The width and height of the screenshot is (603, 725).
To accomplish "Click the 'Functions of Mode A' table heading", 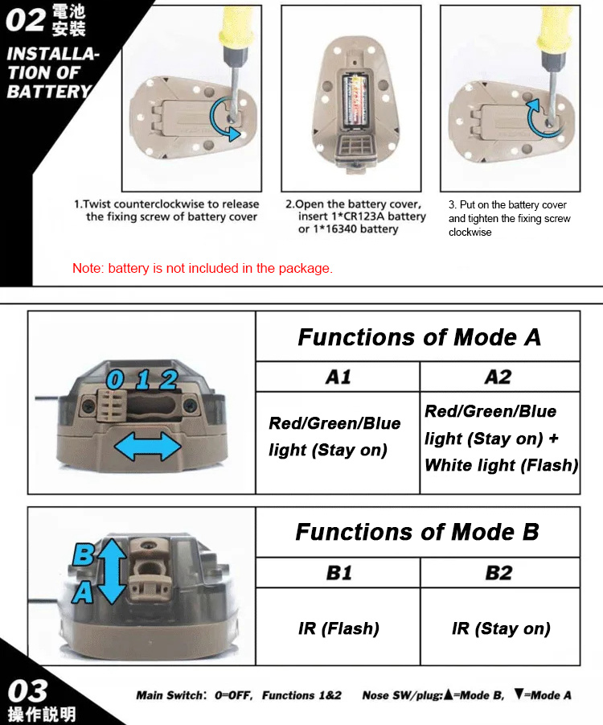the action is click(419, 337).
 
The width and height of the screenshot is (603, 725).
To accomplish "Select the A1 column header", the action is click(338, 377).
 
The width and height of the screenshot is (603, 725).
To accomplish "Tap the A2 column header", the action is click(498, 377).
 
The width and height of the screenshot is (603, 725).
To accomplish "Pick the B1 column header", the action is click(338, 573).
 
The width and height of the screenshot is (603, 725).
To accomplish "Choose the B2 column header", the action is click(499, 573).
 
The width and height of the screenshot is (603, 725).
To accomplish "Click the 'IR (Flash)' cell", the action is click(338, 628).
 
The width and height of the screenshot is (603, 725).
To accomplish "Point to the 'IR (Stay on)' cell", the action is click(501, 628).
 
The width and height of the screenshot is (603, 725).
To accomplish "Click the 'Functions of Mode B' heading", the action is click(417, 532).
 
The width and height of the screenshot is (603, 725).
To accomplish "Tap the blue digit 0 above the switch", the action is click(115, 380).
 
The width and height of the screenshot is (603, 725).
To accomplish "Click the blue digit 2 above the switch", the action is click(169, 380).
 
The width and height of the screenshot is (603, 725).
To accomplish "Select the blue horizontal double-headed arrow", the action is click(147, 447).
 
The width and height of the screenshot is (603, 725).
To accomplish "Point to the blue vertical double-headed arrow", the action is click(110, 571).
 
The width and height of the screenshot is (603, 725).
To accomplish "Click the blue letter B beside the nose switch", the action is click(84, 554).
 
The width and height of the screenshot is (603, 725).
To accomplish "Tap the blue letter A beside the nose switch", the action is click(83, 592).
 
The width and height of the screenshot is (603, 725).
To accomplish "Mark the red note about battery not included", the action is click(203, 268).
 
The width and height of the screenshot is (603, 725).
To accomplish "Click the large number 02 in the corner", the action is click(26, 20).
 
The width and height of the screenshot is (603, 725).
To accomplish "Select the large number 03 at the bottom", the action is click(27, 691).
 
